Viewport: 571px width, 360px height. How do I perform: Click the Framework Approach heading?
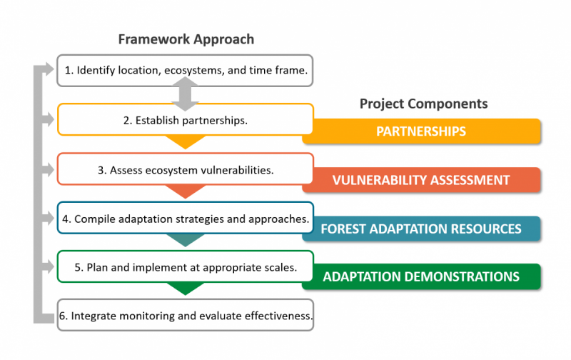pos(185,39)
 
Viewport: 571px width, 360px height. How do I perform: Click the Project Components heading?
pos(423,104)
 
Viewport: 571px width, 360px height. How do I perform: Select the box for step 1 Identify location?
pos(185,71)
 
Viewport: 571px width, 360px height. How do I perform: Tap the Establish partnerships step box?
pos(185,120)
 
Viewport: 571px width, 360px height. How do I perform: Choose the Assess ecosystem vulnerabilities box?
pos(185,170)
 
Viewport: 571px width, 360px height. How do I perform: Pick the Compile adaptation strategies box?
pos(185,219)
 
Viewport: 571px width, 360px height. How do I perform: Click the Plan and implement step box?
pos(185,267)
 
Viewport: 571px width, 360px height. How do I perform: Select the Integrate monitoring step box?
pos(185,315)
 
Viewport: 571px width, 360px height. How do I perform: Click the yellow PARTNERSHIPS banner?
pos(421,131)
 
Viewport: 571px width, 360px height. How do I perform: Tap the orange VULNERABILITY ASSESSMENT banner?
pos(421,180)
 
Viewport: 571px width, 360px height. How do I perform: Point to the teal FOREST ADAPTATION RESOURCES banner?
pos(421,229)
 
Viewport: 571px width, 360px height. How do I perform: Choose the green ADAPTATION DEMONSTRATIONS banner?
pos(421,276)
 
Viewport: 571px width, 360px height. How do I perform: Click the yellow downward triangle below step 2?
pos(186,142)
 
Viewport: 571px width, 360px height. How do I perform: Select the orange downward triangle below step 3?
pos(186,191)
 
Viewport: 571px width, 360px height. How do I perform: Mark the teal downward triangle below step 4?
pos(186,240)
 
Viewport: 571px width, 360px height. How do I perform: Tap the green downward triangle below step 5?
pos(186,289)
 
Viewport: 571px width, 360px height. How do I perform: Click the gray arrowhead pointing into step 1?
pos(49,70)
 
